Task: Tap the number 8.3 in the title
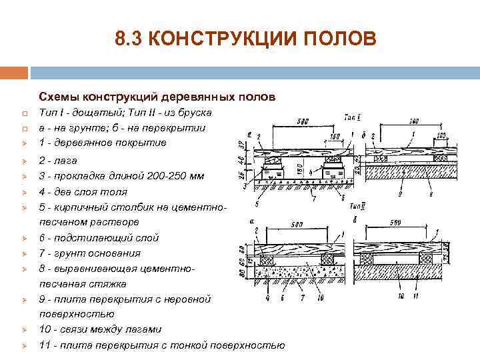coord(127,39)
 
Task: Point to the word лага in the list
coord(65,161)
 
